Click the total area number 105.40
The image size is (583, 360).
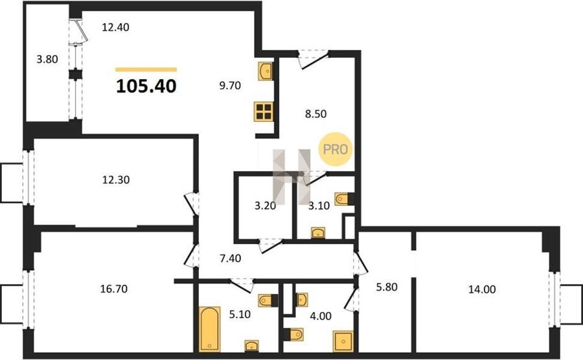146,86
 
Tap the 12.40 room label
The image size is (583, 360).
116,27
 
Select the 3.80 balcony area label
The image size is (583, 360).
47,59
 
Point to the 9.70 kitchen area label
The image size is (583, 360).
230,86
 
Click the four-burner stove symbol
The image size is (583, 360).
264,111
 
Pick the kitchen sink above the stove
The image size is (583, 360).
266,71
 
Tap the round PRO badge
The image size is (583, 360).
335,150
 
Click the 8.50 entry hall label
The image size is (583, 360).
315,114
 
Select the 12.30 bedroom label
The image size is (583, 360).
116,180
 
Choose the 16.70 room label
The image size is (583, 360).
114,289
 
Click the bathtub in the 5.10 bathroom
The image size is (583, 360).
210,329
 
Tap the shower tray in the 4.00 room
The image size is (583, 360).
343,341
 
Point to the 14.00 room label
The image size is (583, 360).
482,289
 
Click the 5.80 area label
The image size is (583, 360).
387,287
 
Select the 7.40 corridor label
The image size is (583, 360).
231,258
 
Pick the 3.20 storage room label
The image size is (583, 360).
265,205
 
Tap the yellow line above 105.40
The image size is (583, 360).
146,69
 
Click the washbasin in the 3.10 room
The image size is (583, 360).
318,232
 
